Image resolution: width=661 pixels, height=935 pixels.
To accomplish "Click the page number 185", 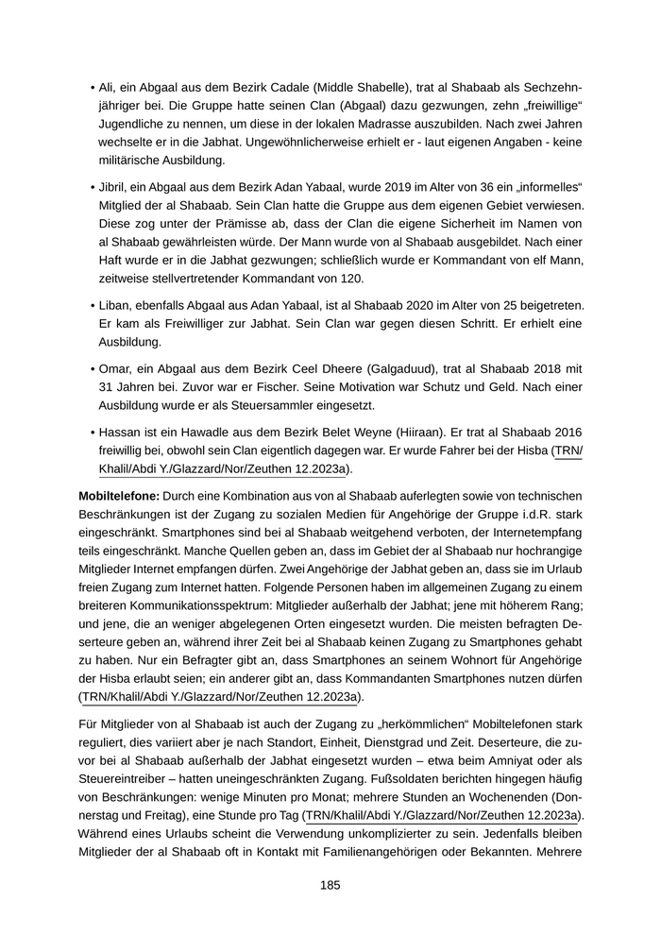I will coord(330,885).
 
